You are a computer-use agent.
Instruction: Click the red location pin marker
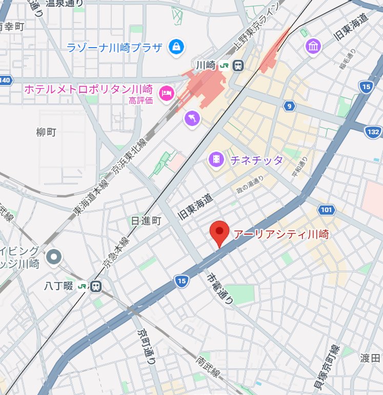(220, 234)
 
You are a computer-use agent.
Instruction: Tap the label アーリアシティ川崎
(281, 235)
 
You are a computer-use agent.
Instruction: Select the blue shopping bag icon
(176, 47)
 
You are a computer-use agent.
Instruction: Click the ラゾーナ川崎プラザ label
(115, 48)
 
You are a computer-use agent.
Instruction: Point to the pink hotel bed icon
(166, 93)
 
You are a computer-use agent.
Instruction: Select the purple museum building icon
(312, 46)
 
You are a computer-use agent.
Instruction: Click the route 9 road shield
(290, 106)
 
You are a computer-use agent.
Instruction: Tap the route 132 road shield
(373, 132)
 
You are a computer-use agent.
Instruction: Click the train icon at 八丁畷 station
(95, 286)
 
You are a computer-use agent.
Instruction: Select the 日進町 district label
(146, 221)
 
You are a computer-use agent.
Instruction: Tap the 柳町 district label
(46, 132)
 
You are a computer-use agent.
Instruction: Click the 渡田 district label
(370, 358)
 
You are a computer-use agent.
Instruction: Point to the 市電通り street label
(220, 288)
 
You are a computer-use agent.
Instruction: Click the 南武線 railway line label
(208, 367)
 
